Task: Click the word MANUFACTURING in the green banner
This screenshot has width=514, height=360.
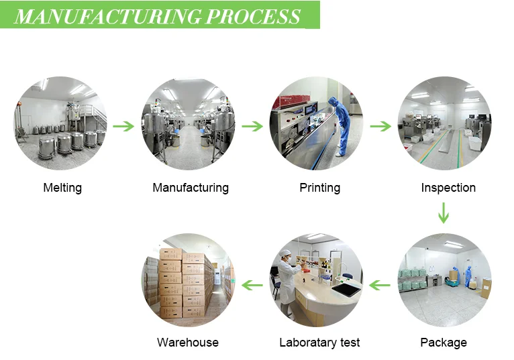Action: click(107, 16)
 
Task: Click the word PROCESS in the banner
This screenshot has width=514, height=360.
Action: click(253, 16)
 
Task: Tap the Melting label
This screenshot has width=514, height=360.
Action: click(62, 188)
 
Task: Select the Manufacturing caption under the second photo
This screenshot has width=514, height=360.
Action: click(191, 188)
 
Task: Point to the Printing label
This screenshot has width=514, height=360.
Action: click(319, 188)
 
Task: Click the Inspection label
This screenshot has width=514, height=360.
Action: click(448, 188)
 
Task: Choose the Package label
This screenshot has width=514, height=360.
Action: click(444, 343)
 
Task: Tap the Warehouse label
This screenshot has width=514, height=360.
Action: click(187, 343)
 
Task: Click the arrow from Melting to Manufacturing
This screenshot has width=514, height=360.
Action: click(123, 126)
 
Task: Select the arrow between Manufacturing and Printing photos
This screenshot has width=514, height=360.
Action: click(252, 126)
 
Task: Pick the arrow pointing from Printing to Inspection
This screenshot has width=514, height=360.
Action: click(380, 126)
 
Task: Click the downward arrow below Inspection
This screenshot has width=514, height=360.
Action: click(444, 213)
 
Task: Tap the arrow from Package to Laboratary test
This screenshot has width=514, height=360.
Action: click(380, 285)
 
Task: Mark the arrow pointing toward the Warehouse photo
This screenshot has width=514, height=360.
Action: click(252, 285)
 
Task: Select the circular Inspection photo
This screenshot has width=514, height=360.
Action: click(444, 123)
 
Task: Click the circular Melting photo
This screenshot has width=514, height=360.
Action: click(60, 123)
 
